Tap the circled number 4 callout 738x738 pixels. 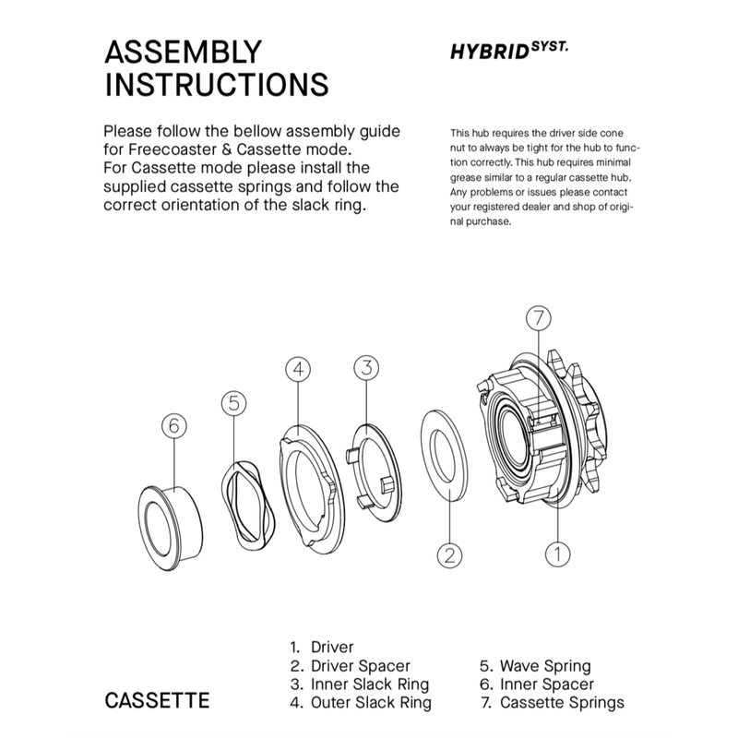tap(297, 369)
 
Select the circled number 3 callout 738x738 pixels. tap(366, 367)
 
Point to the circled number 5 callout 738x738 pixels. tap(234, 402)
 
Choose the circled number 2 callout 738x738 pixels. tap(447, 554)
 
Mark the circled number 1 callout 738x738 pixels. tap(556, 554)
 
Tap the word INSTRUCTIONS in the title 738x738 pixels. tap(216, 84)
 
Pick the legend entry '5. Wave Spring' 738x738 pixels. tap(535, 665)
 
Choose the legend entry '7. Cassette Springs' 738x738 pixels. tap(552, 702)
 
